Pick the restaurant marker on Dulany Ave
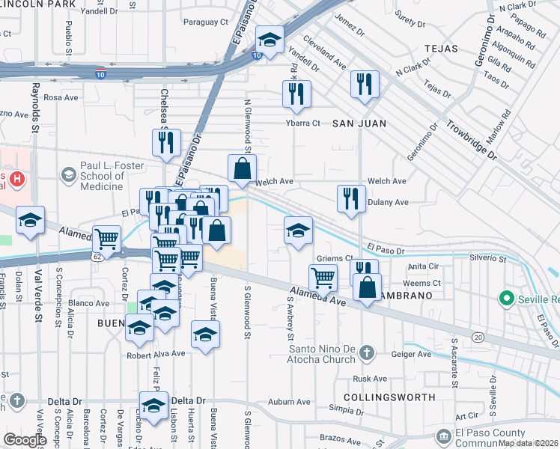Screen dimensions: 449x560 pyautogui.click(x=351, y=198)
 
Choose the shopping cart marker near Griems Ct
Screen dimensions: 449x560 pyautogui.click(x=323, y=277)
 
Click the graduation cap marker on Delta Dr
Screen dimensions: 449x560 pyautogui.click(x=153, y=406)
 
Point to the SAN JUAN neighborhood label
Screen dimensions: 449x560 pyautogui.click(x=359, y=123)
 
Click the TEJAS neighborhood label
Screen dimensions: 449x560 pyautogui.click(x=439, y=47)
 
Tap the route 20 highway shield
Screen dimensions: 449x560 pyautogui.click(x=478, y=337)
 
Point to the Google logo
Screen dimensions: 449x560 pyautogui.click(x=24, y=440)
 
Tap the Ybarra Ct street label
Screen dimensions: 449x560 pyautogui.click(x=302, y=123)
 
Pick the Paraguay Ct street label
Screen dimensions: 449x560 pyautogui.click(x=205, y=22)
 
